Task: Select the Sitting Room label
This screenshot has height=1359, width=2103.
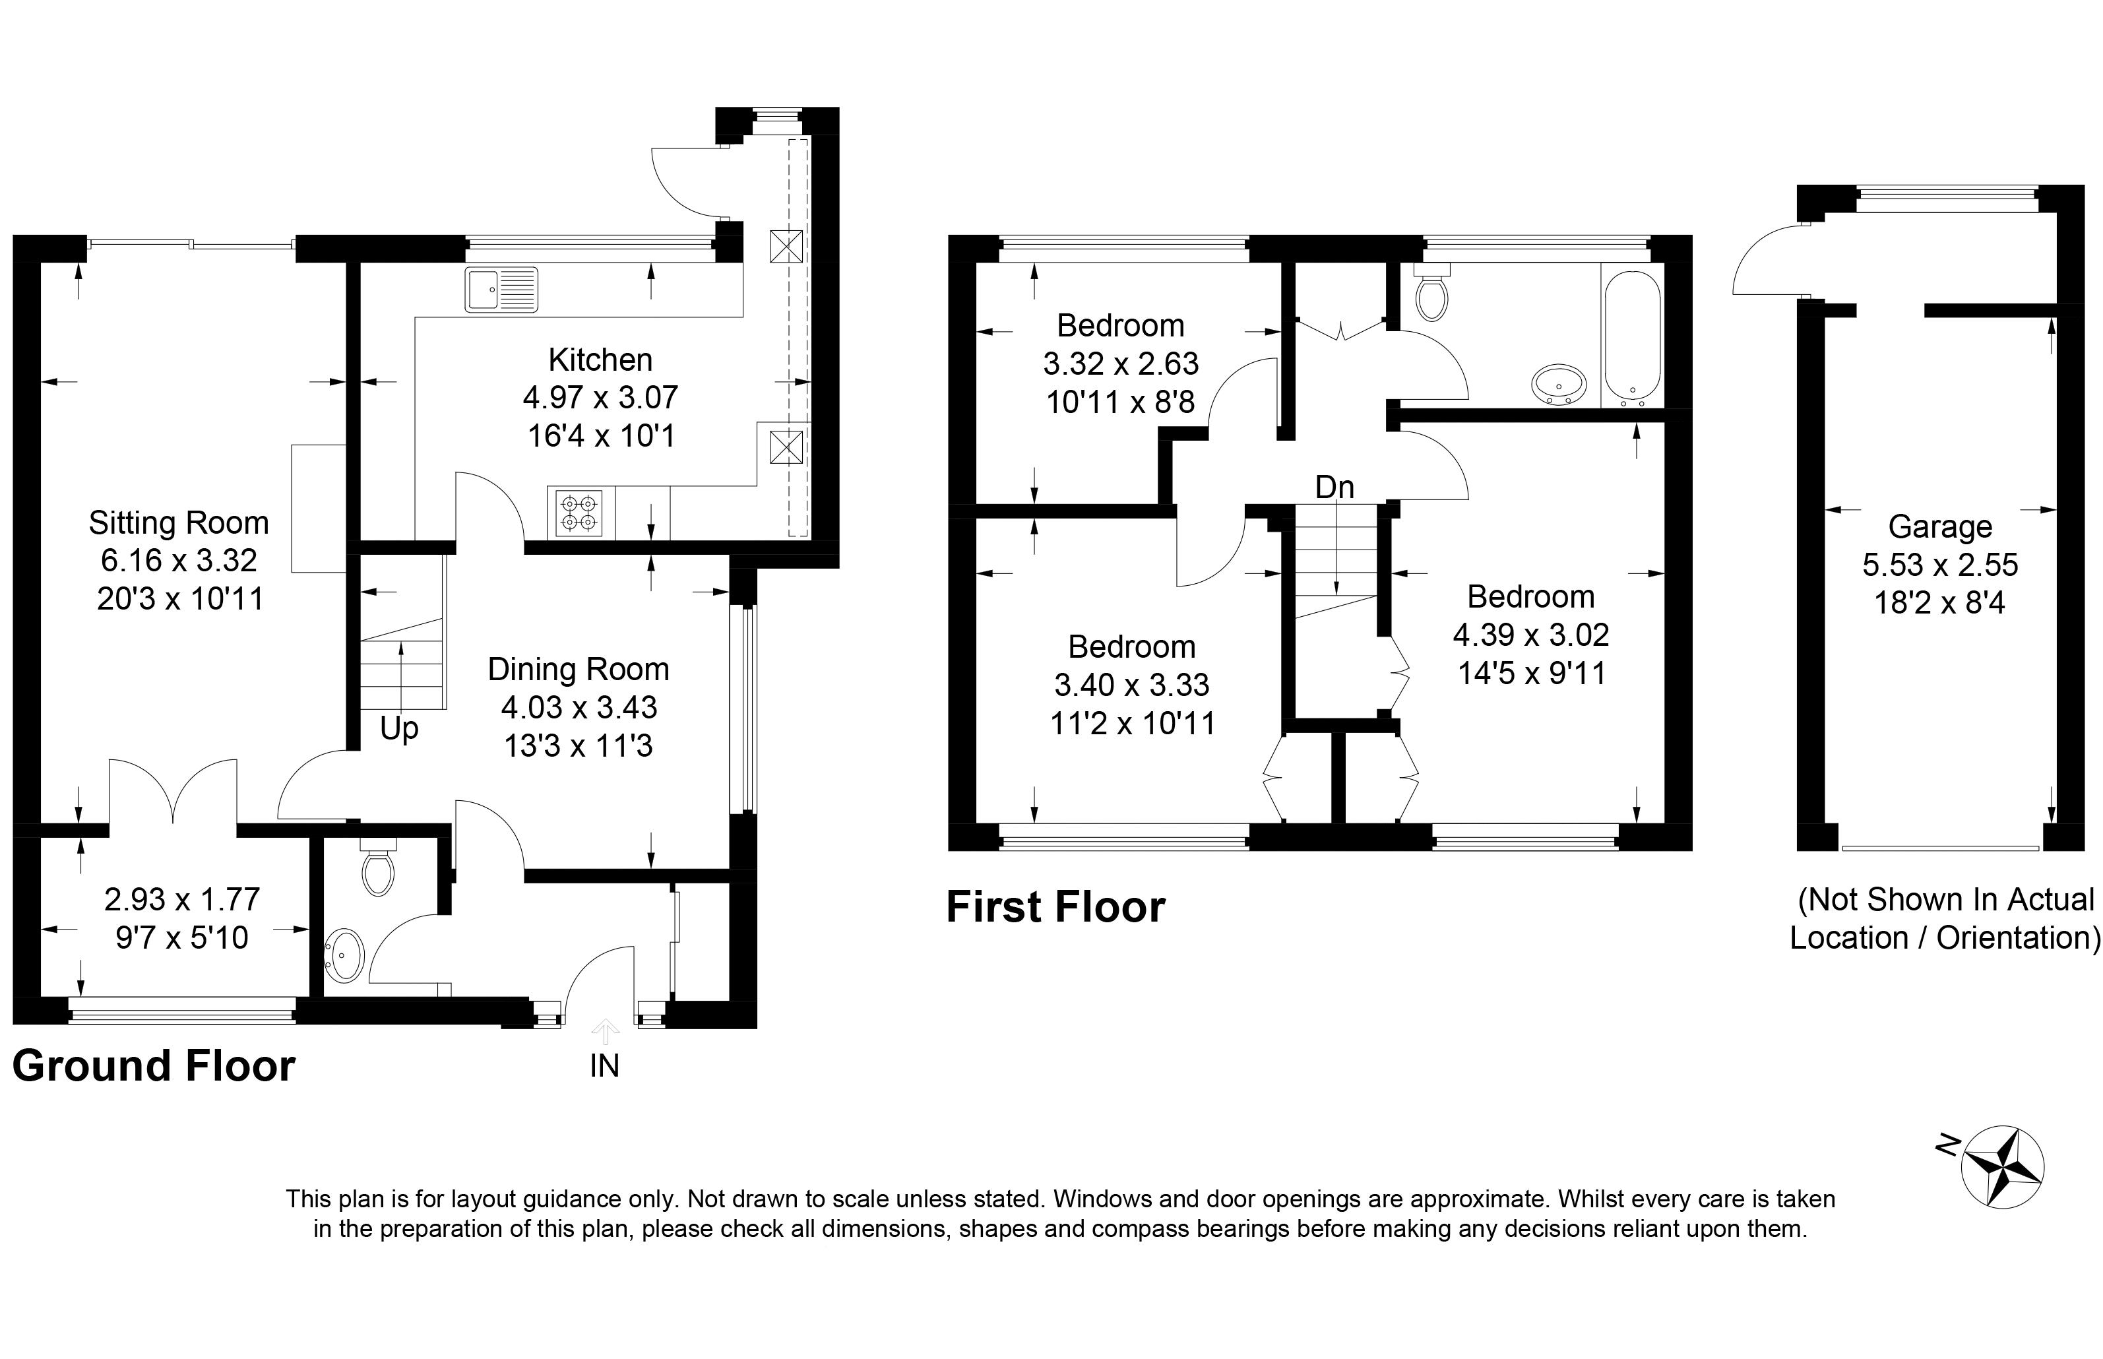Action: click(x=178, y=523)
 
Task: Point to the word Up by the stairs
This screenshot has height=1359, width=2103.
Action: click(x=398, y=729)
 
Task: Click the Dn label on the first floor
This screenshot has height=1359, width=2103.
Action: click(x=1334, y=487)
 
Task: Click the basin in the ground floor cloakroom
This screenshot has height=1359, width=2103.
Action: click(x=345, y=955)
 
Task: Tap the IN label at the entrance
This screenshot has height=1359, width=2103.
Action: click(x=604, y=1066)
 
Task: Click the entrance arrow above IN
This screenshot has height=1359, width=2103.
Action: click(x=604, y=1030)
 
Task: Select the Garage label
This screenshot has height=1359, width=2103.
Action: click(x=1940, y=527)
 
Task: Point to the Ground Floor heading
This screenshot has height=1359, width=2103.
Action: click(x=154, y=1066)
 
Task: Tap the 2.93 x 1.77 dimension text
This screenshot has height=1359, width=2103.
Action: click(x=181, y=899)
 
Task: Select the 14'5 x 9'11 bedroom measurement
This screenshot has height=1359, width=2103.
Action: click(x=1531, y=674)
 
